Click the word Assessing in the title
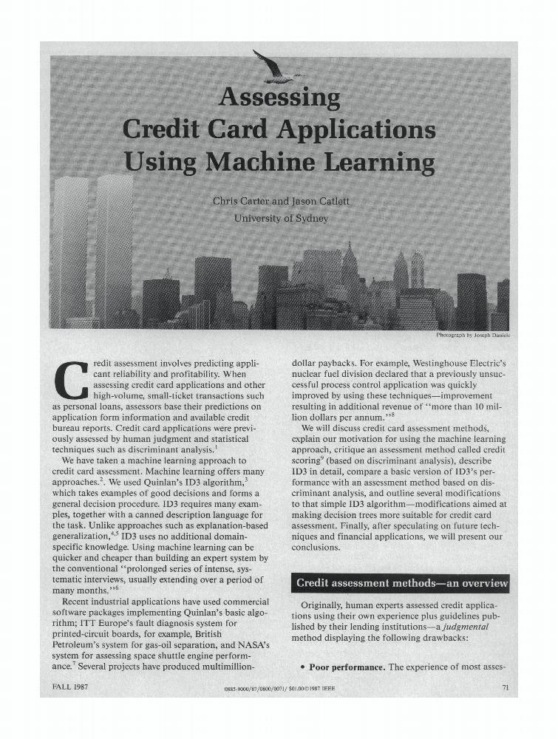pos(280,98)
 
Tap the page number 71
pos(506,687)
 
